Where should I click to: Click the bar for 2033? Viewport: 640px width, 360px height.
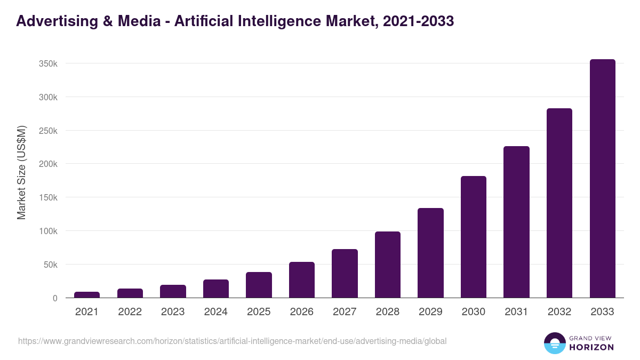point(602,179)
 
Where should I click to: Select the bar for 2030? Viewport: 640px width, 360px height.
point(474,237)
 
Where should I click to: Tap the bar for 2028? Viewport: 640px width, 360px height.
point(388,265)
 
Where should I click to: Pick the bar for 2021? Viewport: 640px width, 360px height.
point(87,295)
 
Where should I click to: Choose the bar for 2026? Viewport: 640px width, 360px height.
point(302,280)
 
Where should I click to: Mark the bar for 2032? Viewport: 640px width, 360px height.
point(559,203)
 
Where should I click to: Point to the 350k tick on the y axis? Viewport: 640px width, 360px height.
point(48,63)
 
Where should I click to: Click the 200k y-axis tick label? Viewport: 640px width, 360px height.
point(48,164)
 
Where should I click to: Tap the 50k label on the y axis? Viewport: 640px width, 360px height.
point(50,265)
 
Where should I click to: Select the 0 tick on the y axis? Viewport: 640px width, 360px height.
point(54,298)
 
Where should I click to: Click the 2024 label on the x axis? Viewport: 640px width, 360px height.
point(215,312)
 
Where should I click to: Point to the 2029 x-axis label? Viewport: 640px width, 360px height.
point(430,312)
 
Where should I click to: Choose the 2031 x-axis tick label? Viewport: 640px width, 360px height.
point(516,312)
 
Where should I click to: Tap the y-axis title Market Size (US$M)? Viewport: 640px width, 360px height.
point(21,172)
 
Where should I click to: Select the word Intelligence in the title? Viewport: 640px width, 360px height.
point(282,21)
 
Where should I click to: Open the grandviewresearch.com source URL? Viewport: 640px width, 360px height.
point(232,341)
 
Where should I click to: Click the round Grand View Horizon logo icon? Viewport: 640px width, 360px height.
point(555,343)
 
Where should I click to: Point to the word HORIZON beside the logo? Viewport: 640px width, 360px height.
point(592,347)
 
